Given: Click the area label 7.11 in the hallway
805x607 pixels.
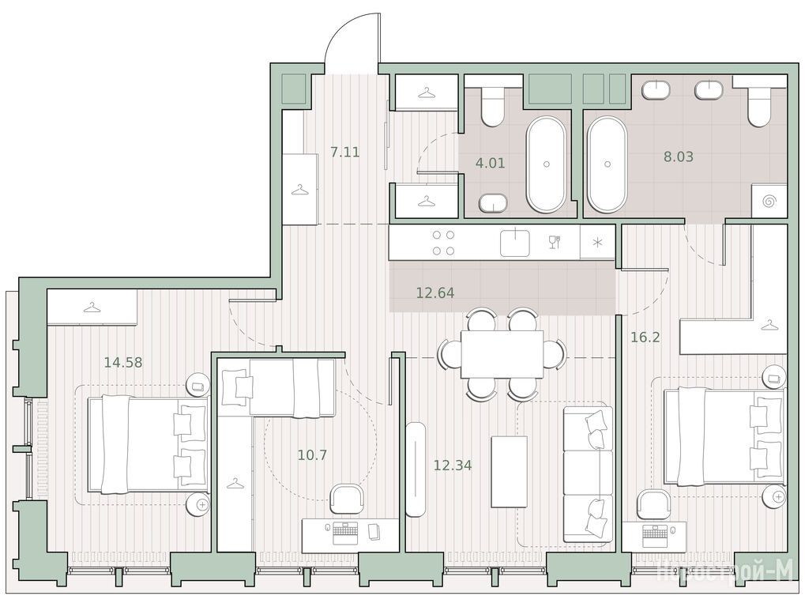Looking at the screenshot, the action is (x=344, y=152).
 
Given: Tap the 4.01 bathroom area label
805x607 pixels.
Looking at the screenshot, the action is (x=491, y=164).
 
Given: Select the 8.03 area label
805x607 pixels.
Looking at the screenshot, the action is (x=678, y=156).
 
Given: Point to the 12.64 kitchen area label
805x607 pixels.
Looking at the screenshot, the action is (x=434, y=292).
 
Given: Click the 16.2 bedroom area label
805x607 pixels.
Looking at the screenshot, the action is (x=645, y=337).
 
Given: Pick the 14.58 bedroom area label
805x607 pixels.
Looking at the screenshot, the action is (x=123, y=363).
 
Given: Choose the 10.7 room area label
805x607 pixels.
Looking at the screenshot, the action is (x=312, y=454).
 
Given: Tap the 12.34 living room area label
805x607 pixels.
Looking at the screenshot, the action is (x=453, y=466).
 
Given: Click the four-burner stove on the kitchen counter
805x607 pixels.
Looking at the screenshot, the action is (x=443, y=243).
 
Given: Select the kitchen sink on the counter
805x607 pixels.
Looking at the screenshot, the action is (x=515, y=243).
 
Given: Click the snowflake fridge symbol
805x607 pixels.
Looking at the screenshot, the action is (x=597, y=243).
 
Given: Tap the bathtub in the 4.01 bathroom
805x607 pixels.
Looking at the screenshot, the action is (x=546, y=165).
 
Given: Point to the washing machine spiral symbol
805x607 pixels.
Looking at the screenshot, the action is (x=769, y=201).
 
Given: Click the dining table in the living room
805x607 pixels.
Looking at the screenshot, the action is (x=502, y=354).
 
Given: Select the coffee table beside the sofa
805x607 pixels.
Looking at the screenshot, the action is (x=510, y=472).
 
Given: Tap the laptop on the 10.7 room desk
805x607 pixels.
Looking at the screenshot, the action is (x=348, y=532).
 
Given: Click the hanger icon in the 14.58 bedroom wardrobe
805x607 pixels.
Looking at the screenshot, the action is (x=92, y=307).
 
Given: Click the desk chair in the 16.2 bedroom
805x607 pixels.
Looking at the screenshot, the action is (x=653, y=504).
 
